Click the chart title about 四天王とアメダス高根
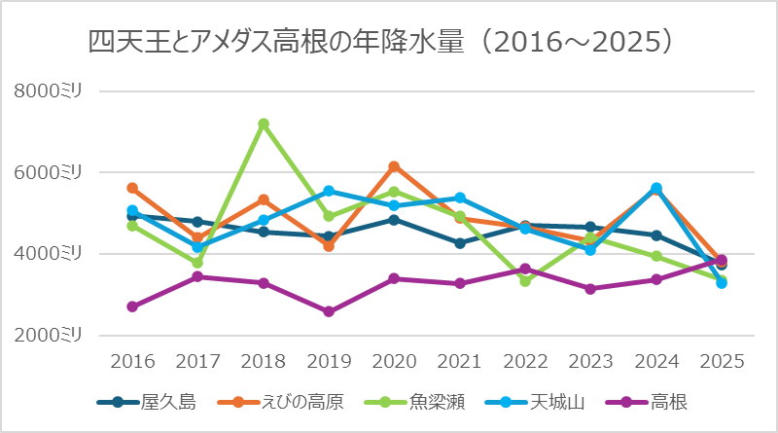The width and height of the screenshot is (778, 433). pos(381,42)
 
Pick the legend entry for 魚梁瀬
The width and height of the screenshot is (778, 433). pos(419,402)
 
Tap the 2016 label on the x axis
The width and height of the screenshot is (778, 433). pos(132,361)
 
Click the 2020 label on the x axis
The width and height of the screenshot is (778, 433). pos(394,361)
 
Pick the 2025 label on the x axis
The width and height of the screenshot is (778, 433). pos(721,361)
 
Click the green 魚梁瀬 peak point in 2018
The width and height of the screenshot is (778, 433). pos(264,124)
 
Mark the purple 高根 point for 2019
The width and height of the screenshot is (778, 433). pos(329,312)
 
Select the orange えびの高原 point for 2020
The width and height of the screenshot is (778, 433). pos(394,166)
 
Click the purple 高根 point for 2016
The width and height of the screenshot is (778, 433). pos(132,307)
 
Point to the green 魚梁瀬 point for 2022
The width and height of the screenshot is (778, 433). pos(525,281)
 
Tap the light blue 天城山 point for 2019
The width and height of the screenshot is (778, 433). pos(329,191)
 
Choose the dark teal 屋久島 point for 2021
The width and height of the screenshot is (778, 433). pos(460,243)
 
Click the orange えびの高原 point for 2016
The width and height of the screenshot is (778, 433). pos(132,188)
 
